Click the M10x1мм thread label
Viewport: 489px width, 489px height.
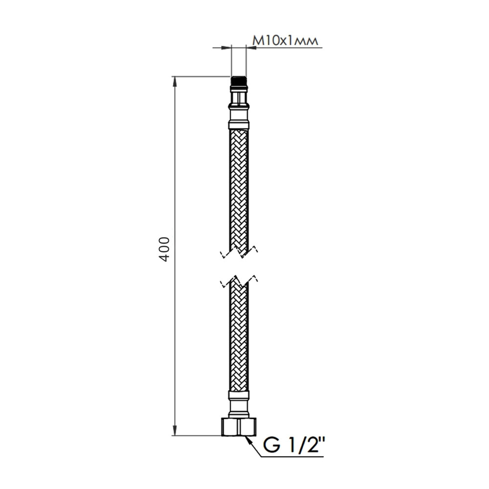pyautogui.click(x=285, y=41)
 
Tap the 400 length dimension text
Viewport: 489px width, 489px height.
pyautogui.click(x=164, y=249)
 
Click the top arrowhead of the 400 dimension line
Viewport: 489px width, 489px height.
pyautogui.click(x=175, y=82)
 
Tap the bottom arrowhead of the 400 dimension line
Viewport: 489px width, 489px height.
pyautogui.click(x=175, y=430)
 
